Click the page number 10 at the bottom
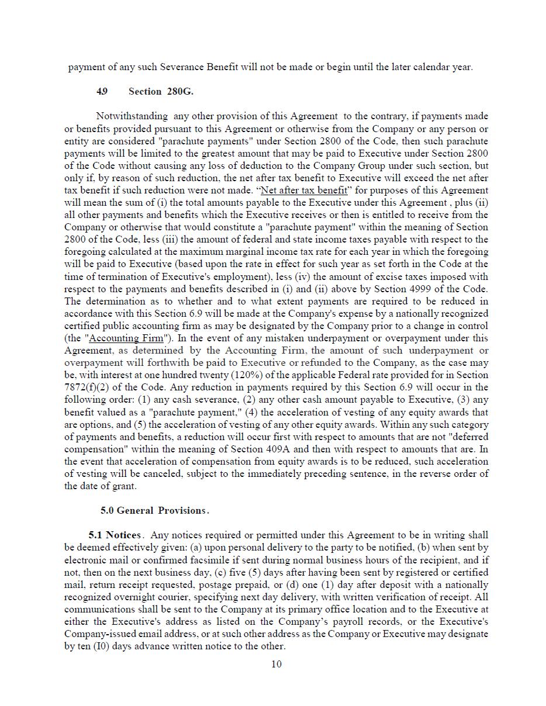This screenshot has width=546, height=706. (277, 663)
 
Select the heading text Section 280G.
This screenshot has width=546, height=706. (161, 91)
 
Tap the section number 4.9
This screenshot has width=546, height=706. (102, 91)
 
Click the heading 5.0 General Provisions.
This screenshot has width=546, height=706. (154, 510)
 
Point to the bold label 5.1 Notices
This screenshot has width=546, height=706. (115, 535)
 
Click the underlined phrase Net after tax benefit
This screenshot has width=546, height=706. (304, 190)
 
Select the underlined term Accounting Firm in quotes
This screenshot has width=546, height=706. (126, 338)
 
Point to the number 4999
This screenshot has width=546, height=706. (419, 289)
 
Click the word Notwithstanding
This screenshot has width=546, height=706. (132, 116)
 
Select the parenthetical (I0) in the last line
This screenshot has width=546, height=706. (102, 646)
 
